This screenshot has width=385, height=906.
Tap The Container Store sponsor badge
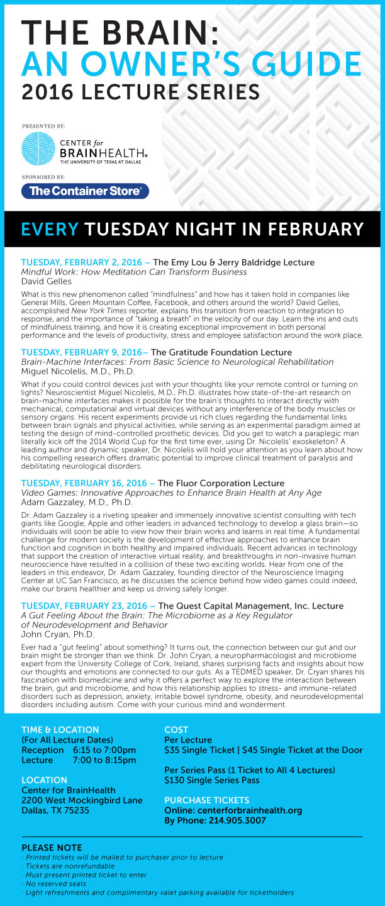pyautogui.click(x=85, y=191)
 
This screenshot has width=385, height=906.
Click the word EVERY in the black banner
pyautogui.click(x=50, y=228)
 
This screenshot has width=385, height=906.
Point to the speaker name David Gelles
pyautogui.click(x=47, y=281)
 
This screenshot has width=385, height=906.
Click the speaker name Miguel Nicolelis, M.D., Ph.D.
pyautogui.click(x=78, y=371)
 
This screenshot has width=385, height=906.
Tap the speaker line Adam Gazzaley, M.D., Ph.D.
pyautogui.click(x=79, y=502)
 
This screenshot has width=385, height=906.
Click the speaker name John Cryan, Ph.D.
pyautogui.click(x=59, y=634)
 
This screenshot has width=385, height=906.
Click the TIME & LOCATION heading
pyautogui.click(x=60, y=730)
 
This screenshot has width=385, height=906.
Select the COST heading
pyautogui.click(x=177, y=730)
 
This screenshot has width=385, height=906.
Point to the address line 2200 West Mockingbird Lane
pyautogui.click(x=82, y=800)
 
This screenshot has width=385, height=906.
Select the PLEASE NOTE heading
pyautogui.click(x=52, y=847)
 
